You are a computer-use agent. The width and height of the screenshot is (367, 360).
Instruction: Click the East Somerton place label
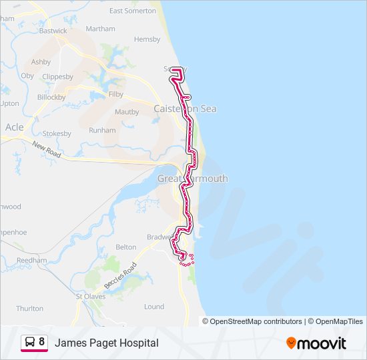[132, 11]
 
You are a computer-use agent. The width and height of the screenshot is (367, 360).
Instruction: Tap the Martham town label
[100, 29]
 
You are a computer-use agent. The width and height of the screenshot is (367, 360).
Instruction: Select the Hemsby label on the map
[147, 39]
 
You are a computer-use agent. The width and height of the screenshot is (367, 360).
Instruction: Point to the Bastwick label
[53, 31]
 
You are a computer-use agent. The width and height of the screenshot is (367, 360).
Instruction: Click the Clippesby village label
[57, 76]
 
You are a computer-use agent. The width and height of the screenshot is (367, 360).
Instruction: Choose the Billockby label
[51, 97]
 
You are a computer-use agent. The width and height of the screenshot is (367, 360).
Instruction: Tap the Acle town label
[14, 127]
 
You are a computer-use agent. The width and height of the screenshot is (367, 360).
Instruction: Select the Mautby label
[126, 112]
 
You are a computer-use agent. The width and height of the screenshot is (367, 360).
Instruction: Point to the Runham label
[102, 131]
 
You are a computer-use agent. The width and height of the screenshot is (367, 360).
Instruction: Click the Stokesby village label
[57, 133]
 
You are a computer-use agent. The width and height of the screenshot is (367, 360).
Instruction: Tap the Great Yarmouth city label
[192, 179]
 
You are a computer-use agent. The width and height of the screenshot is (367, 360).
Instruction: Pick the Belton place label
[126, 247]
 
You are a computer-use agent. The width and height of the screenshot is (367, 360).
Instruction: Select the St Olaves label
[90, 296]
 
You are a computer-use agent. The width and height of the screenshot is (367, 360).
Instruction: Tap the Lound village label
[154, 307]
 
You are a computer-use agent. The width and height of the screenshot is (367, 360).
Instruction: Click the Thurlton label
[29, 309]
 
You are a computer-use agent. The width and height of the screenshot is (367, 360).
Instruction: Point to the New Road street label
[46, 151]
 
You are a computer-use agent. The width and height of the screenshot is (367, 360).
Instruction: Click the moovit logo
[316, 343]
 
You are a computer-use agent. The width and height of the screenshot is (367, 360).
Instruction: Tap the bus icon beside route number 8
[30, 342]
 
